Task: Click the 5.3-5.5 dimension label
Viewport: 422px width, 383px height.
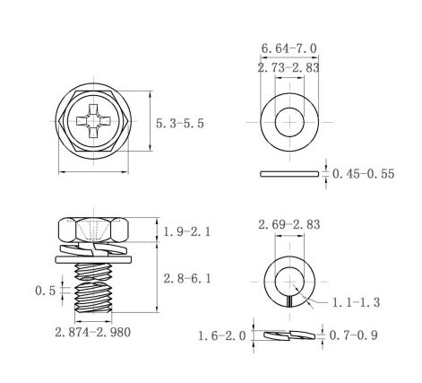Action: point(180,123)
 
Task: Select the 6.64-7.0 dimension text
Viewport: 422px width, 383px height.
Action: point(289,48)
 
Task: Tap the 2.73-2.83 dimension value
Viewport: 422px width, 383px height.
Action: point(289,67)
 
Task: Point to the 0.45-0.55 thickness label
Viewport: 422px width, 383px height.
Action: point(363,174)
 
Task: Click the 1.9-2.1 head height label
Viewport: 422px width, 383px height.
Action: point(187,231)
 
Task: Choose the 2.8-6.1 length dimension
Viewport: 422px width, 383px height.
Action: point(187,279)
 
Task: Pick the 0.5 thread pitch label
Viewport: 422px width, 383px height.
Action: point(46,291)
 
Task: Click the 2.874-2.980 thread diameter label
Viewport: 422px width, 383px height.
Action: point(92,332)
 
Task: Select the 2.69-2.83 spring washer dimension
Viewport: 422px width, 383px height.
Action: point(289,224)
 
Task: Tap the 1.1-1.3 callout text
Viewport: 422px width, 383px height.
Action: point(356,302)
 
